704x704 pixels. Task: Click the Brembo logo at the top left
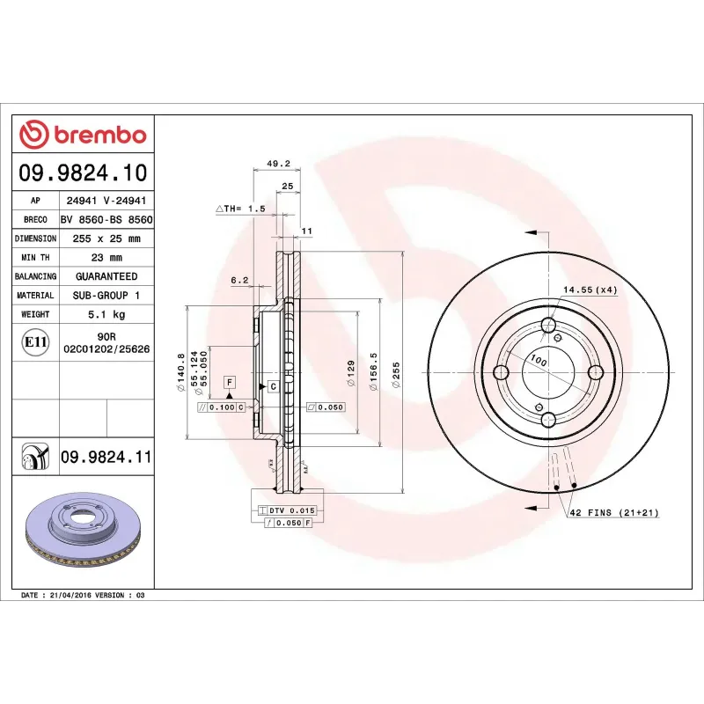point(83,135)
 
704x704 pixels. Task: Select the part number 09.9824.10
point(84,172)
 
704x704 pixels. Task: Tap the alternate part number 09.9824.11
point(106,457)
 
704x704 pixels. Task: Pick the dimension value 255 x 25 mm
point(106,238)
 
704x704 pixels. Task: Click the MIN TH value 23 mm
point(106,258)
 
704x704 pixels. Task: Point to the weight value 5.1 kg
point(106,314)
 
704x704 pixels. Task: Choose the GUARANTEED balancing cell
point(106,276)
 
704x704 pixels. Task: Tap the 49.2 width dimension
point(277,163)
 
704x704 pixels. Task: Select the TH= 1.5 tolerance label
point(240,209)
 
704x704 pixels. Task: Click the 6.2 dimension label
point(240,280)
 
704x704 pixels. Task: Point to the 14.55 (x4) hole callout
point(590,290)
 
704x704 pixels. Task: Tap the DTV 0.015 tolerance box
point(286,510)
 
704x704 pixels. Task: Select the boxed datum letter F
point(230,382)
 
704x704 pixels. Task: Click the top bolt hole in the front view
point(549,326)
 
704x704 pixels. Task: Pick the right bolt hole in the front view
point(596,372)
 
